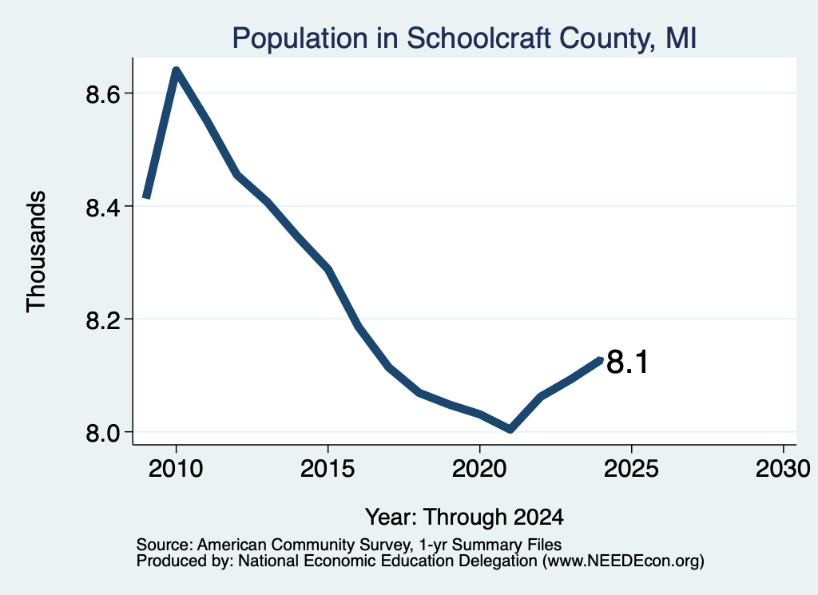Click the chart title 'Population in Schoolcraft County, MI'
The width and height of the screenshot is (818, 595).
pos(464,38)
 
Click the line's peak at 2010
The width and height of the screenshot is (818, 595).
pos(177,71)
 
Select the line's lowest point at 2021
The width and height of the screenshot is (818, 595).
pos(510,429)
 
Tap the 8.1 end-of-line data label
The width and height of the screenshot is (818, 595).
pos(628,361)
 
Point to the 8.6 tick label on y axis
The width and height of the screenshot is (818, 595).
pos(103,94)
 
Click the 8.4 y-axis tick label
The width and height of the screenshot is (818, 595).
pos(103,207)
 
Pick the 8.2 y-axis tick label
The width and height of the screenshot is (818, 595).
pos(103,319)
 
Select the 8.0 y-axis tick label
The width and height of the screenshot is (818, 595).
pos(103,433)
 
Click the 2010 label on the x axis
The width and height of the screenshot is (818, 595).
pos(176,468)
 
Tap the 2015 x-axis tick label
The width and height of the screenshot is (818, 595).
pos(328,468)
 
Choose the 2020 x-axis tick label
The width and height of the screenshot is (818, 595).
pos(479,468)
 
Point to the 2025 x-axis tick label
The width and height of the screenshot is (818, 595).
pos(631,468)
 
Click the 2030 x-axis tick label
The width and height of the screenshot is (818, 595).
pos(783,468)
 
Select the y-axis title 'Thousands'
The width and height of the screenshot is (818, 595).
pos(36,252)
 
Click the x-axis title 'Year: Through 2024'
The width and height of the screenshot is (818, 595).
pos(464,517)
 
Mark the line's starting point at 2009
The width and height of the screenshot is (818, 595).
pos(147,197)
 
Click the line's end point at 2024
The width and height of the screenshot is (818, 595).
pos(601,359)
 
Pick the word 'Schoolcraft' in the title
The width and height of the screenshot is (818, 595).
pos(478,38)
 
